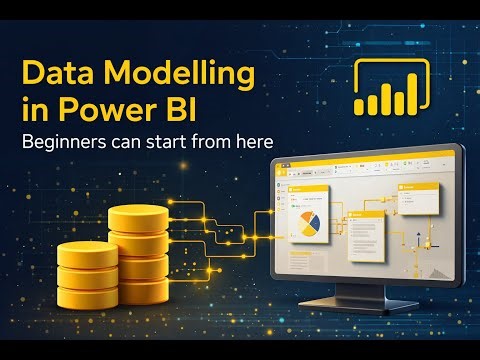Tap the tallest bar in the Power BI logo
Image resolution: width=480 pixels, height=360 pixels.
coord(408,88)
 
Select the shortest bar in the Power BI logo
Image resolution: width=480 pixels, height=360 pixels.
coord(367,104)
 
